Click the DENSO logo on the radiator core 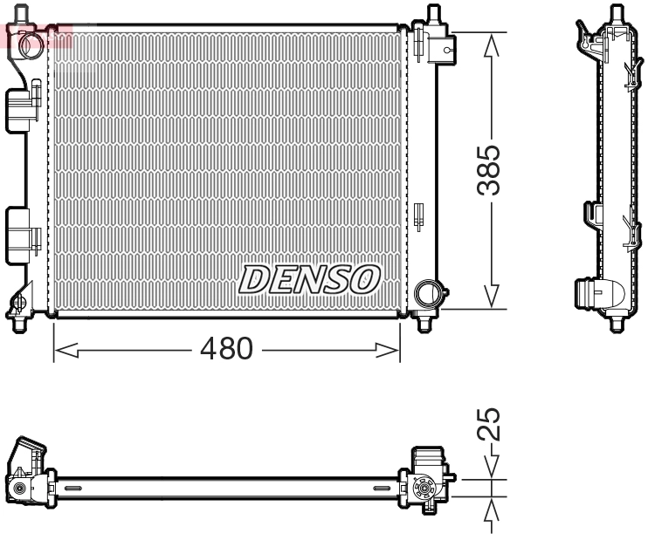(310, 279)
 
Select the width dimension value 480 (226, 349)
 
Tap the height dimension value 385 (493, 170)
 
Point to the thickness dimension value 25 (493, 425)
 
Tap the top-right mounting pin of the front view (431, 15)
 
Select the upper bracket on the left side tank (24, 106)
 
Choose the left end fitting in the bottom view (29, 475)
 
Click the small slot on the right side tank (417, 214)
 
